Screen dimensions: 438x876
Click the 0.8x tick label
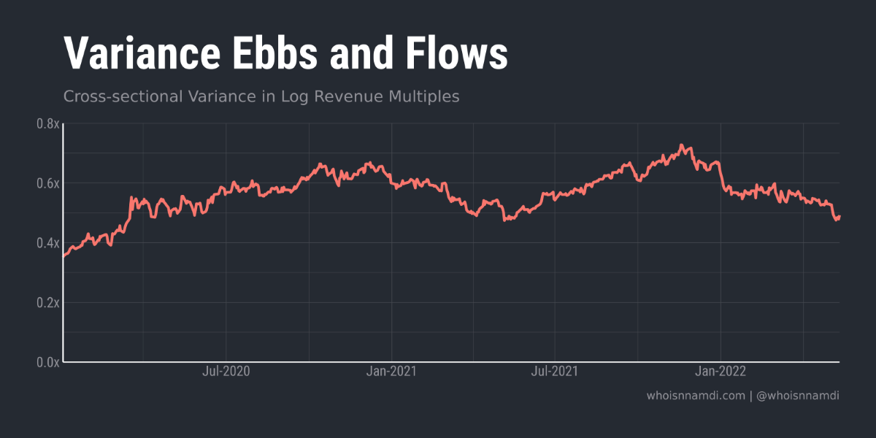tap(47, 124)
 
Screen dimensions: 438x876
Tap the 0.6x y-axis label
tap(47, 183)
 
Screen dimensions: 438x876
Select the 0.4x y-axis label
tap(47, 243)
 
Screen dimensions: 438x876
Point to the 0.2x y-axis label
tap(47, 302)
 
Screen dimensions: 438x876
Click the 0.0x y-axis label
tap(47, 362)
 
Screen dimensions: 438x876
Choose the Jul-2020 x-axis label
tap(226, 372)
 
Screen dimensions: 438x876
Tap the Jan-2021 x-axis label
tap(392, 372)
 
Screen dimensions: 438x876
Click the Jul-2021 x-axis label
tap(555, 372)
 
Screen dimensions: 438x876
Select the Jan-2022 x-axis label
tap(721, 372)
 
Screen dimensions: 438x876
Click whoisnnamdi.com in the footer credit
tap(696, 396)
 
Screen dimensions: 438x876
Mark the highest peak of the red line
tap(681, 145)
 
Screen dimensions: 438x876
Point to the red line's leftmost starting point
tap(64, 256)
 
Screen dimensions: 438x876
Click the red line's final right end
tap(839, 217)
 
